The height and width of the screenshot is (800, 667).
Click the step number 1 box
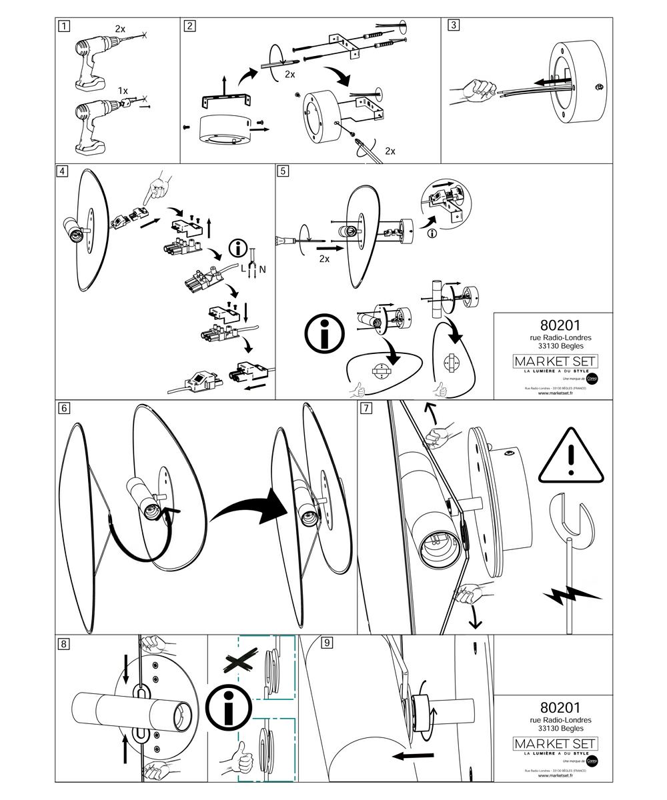(x=63, y=27)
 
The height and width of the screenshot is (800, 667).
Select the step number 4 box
(x=62, y=171)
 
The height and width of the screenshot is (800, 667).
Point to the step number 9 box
(x=326, y=643)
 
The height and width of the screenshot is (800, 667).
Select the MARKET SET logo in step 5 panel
(x=555, y=361)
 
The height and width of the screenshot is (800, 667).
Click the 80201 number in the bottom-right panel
(x=555, y=706)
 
